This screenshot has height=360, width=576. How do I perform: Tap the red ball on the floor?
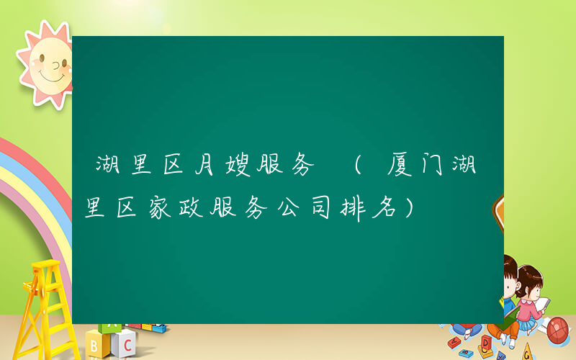point(558,330)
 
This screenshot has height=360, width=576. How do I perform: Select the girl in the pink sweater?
point(529,295)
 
